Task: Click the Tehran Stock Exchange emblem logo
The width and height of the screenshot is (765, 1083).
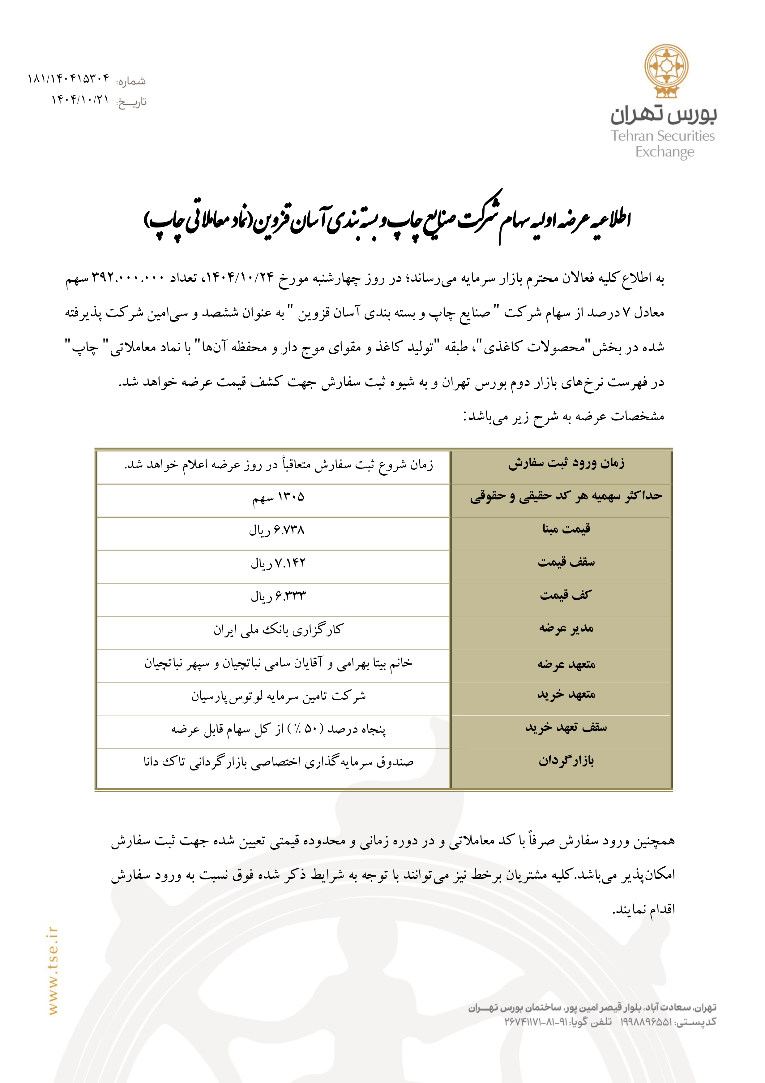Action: coord(666,71)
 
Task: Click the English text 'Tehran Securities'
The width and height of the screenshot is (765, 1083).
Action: coord(663,136)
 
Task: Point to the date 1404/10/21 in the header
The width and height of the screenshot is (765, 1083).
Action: coord(80,100)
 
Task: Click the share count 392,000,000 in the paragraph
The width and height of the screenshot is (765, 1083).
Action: coord(128,277)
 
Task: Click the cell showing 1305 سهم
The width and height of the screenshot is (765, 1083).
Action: coord(278,497)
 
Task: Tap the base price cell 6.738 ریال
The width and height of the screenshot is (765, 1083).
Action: coord(277,530)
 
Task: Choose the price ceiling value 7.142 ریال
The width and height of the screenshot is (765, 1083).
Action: coord(278,563)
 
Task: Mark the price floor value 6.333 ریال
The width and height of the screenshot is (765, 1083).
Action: coord(278,596)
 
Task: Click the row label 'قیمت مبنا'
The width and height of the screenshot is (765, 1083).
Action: coord(566,529)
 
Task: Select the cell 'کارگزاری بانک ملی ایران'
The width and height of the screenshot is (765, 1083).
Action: coord(278,630)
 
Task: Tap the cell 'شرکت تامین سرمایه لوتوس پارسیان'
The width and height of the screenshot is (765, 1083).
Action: coord(278,696)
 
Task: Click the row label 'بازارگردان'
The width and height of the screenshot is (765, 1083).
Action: coord(566,760)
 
